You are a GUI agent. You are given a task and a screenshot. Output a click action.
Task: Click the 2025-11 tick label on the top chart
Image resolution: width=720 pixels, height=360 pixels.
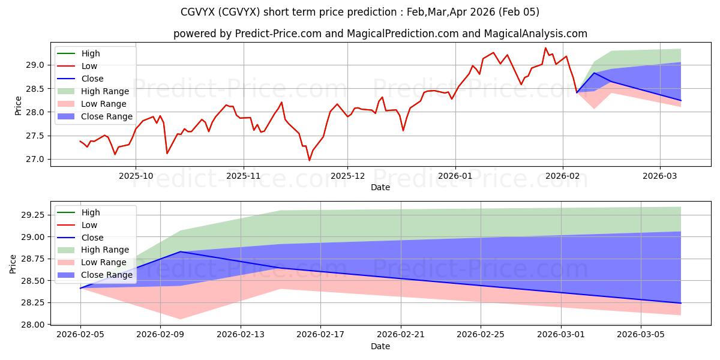[243, 176]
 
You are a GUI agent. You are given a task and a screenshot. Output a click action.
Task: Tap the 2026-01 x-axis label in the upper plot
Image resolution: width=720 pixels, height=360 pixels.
[455, 176]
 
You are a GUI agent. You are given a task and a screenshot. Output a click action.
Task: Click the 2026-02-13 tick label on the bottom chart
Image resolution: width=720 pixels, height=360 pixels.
[241, 335]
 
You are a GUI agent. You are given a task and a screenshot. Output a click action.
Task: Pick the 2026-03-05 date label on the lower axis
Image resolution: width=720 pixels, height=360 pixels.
[641, 335]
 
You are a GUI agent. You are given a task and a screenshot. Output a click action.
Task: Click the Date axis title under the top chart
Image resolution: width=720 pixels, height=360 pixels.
[380, 187]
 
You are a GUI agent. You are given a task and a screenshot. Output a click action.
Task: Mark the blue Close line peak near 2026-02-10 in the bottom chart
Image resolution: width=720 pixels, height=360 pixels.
[180, 252]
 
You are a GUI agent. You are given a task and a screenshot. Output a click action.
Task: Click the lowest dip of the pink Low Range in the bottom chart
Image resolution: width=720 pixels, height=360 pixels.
[180, 319]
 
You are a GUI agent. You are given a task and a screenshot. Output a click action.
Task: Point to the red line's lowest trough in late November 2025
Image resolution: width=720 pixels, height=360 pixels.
[310, 160]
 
